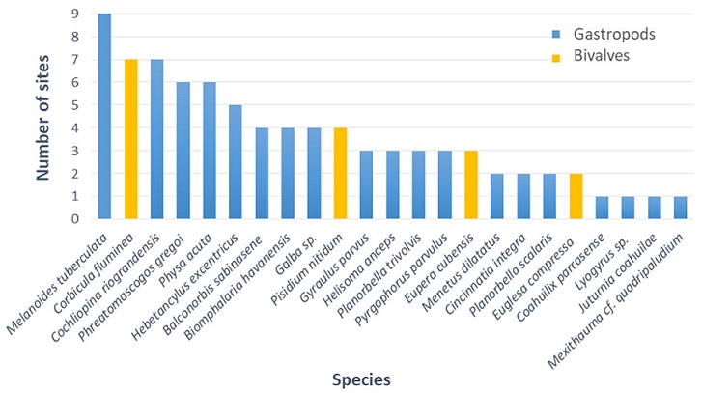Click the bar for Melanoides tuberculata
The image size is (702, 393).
point(104,116)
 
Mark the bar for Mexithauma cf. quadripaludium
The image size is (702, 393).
point(680,208)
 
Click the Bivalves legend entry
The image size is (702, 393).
point(585,57)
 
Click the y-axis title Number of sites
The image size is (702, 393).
point(43,116)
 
